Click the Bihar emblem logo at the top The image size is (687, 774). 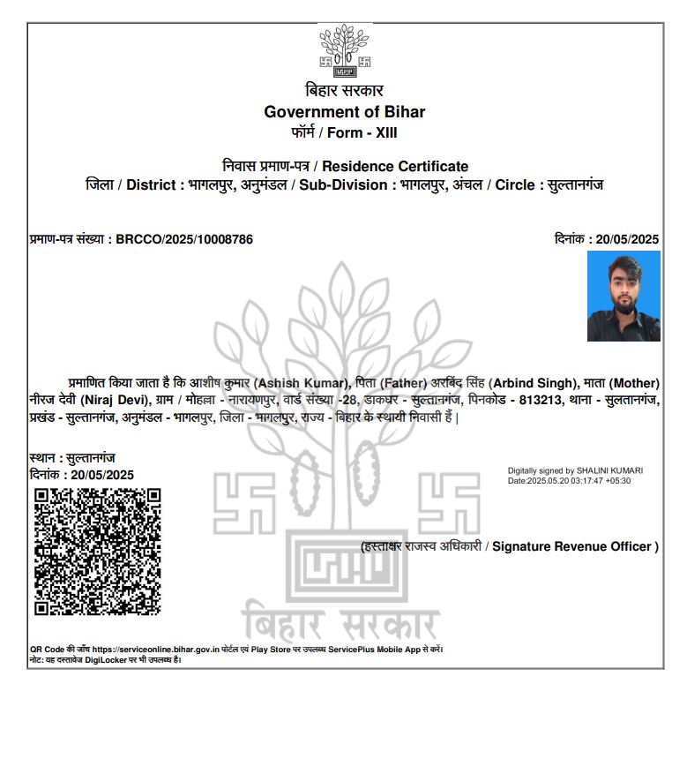[345, 51]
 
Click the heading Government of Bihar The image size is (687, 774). [345, 112]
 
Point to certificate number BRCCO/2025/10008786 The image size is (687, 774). [185, 239]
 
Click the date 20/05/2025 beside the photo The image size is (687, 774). [628, 239]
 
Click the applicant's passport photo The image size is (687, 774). [624, 296]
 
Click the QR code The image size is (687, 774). [97, 551]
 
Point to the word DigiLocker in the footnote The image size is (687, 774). [106, 659]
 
